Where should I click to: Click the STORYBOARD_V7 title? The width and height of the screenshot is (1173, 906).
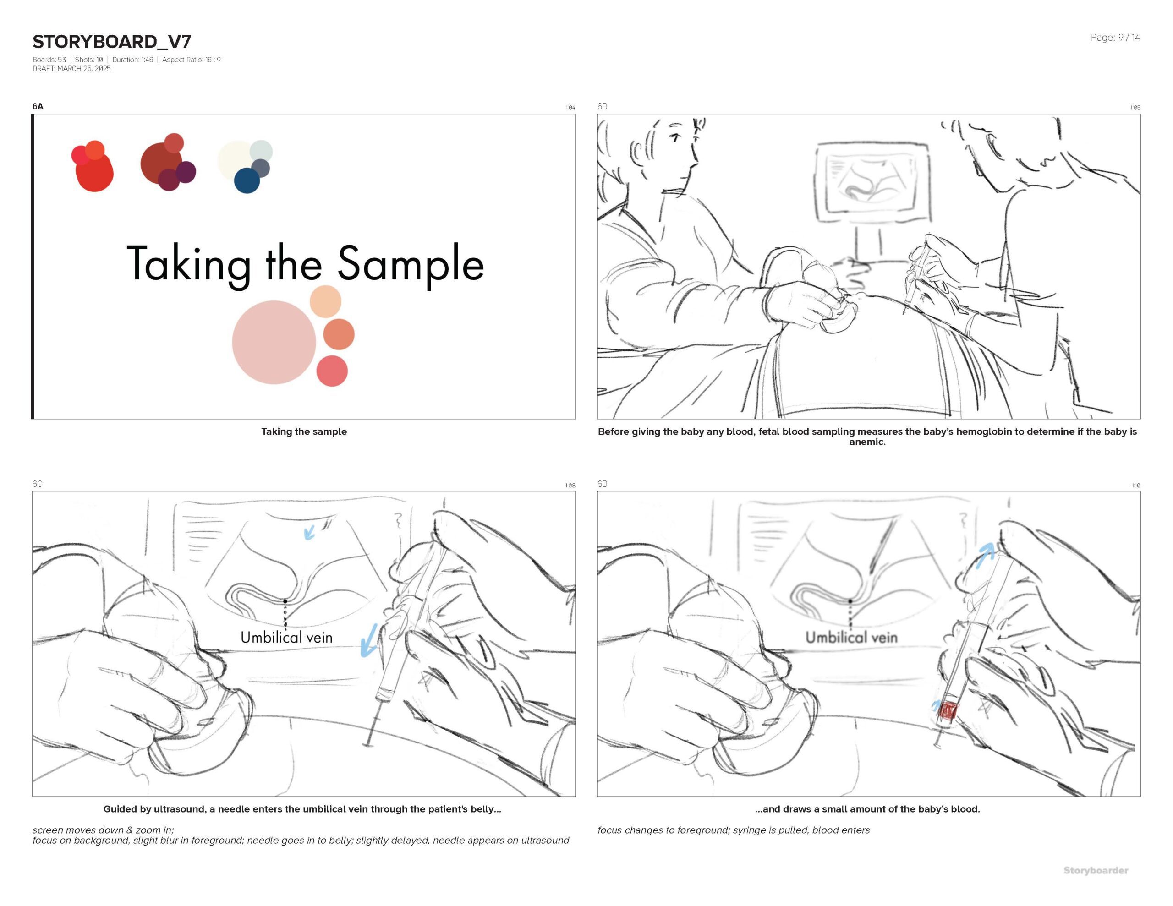click(x=112, y=41)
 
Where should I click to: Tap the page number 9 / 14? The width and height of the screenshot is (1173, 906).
click(x=1129, y=38)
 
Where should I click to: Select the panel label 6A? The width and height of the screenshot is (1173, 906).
click(x=38, y=106)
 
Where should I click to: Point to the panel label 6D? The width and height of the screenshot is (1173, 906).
click(x=602, y=484)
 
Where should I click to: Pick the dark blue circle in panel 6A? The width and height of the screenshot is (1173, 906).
click(x=247, y=180)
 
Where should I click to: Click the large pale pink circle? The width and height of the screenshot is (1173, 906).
click(x=274, y=343)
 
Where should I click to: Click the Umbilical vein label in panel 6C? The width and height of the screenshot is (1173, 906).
click(x=286, y=638)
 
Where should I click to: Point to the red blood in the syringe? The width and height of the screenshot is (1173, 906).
click(x=948, y=711)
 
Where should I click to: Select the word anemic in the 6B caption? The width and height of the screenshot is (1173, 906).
click(x=867, y=442)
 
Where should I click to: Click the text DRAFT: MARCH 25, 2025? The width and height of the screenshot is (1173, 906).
click(x=71, y=69)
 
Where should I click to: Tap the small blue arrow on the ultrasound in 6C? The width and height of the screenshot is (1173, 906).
click(x=309, y=532)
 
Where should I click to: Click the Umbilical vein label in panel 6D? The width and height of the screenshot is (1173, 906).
click(x=851, y=638)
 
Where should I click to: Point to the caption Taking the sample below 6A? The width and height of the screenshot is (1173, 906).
click(x=304, y=432)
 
